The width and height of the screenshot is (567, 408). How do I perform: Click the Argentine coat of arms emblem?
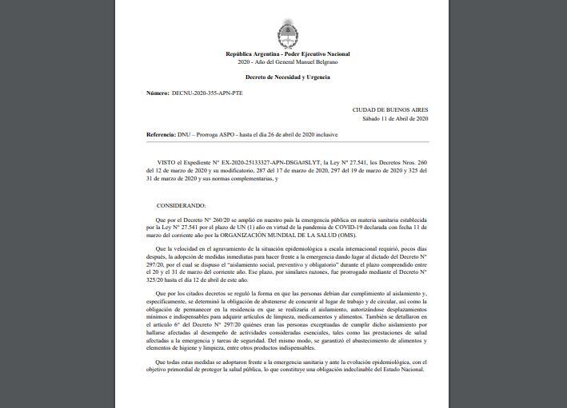[287, 35]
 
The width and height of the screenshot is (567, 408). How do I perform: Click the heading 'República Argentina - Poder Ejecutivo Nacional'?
[287, 54]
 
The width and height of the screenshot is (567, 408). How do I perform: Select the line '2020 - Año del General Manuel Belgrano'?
[287, 61]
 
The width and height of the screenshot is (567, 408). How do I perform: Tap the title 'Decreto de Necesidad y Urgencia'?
[287, 77]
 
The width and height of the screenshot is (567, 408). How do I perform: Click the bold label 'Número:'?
[158, 93]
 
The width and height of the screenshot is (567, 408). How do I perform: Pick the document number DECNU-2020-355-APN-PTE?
[207, 93]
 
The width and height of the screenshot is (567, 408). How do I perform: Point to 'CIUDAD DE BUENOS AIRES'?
[390, 109]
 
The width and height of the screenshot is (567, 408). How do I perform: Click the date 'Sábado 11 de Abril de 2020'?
[395, 118]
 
